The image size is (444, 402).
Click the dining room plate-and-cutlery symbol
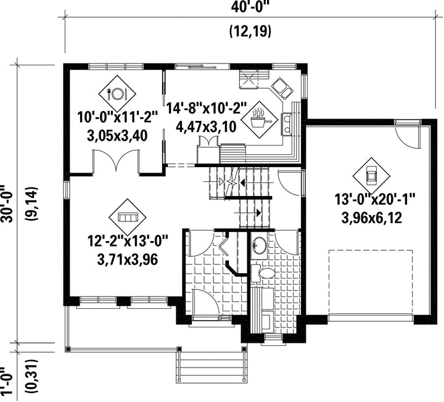point(117,94)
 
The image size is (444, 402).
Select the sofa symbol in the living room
point(128,218)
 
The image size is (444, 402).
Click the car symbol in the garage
point(371,176)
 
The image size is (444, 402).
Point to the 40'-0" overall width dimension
point(249,6)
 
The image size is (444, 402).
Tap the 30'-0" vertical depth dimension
point(7,204)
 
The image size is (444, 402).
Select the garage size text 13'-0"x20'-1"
point(375,199)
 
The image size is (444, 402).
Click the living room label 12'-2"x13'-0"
point(128,242)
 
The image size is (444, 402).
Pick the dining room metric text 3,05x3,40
point(117,136)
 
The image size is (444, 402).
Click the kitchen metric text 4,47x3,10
point(206,127)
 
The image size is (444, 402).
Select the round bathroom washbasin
point(258,245)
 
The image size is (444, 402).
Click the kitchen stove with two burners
point(286,125)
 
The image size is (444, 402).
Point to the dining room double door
point(116,161)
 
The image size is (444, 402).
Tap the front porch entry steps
point(212,367)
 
